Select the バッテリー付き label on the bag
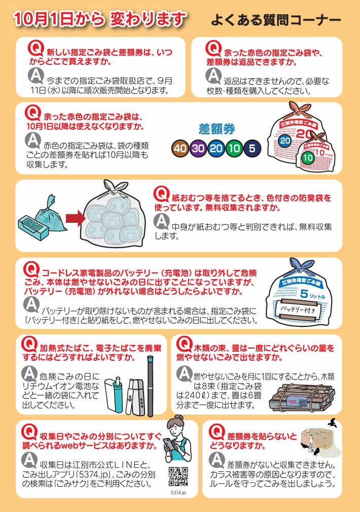(298, 309)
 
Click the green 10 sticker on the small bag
(307, 158)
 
